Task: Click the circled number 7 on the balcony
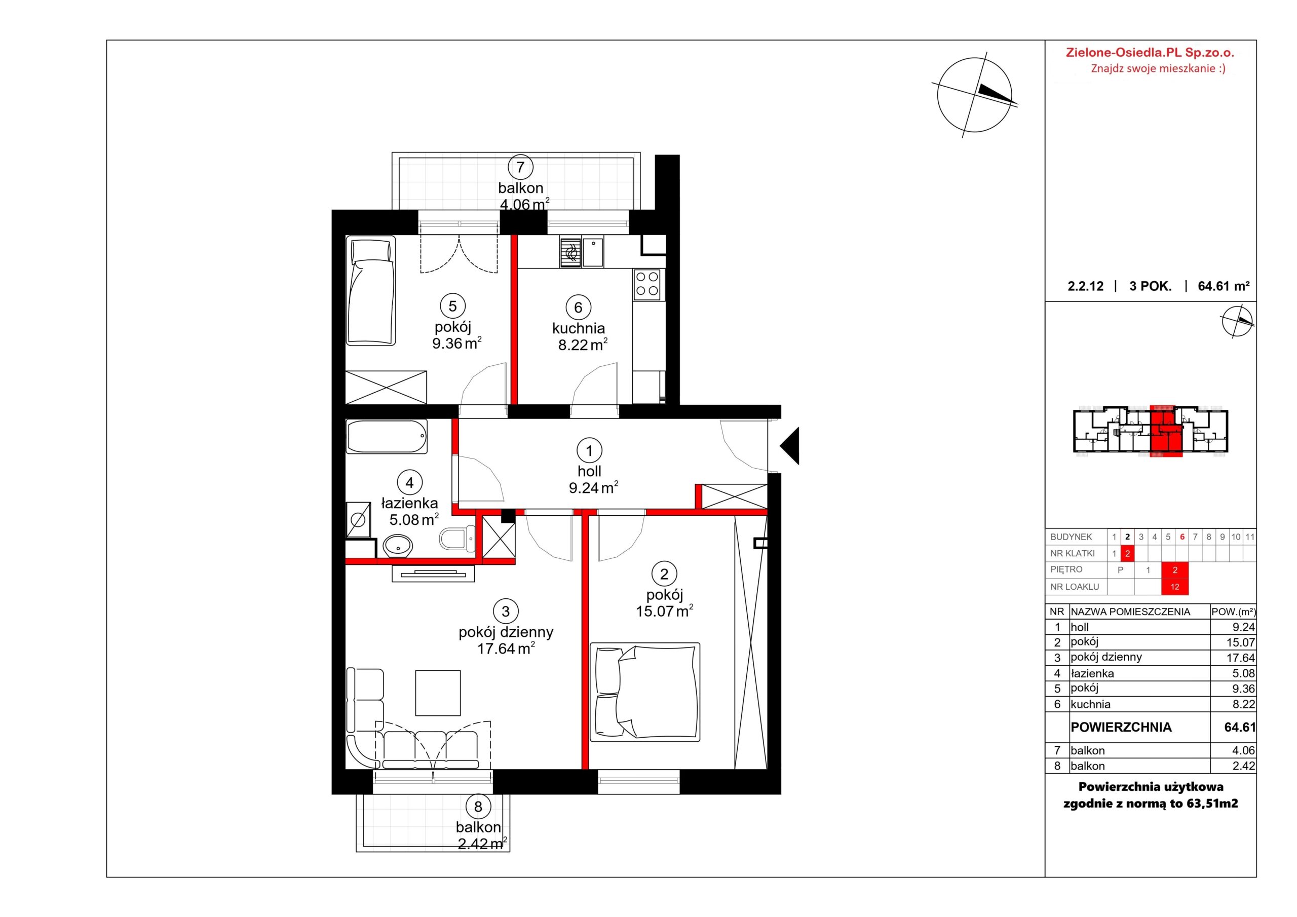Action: [520, 167]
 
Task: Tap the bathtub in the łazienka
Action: [387, 436]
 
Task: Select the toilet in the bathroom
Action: [457, 539]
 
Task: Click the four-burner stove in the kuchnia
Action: [647, 284]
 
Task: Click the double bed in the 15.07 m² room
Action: [644, 692]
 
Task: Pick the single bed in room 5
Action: [370, 291]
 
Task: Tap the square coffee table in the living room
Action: [438, 693]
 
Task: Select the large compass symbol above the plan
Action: [974, 95]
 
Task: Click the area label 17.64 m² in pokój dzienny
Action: [506, 648]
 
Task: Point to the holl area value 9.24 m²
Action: [593, 487]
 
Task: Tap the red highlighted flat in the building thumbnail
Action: [1165, 431]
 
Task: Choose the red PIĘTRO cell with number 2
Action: [1174, 570]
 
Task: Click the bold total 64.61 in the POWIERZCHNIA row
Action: [1239, 727]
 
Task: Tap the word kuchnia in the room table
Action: [1090, 705]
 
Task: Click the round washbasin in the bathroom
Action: [398, 546]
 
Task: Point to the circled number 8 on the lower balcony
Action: [478, 806]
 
